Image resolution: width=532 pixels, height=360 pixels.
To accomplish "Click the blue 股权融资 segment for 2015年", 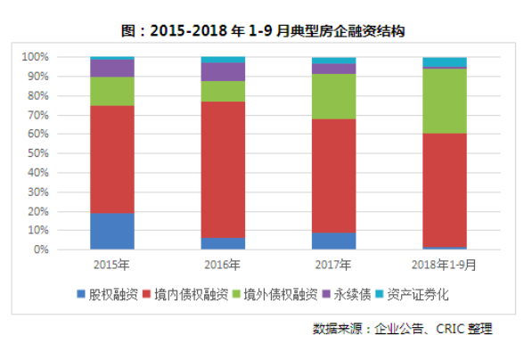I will [x=112, y=231].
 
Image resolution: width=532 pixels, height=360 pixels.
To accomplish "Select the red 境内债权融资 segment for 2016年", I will [x=223, y=169].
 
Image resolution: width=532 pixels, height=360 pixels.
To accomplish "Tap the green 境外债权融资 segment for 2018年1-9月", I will [x=444, y=101].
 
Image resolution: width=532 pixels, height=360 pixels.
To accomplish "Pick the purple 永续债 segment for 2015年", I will [x=112, y=68].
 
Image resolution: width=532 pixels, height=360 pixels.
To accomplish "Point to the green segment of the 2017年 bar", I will [x=333, y=96].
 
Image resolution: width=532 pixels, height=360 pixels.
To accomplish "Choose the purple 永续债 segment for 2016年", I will [x=223, y=71].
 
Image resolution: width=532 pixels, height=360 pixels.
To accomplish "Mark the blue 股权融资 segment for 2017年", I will [x=333, y=241].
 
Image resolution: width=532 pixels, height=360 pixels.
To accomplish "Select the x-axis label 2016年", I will [x=223, y=265].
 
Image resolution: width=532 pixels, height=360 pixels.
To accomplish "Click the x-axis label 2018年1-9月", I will [x=444, y=265].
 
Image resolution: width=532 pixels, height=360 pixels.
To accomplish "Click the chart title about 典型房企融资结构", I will [x=265, y=30].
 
